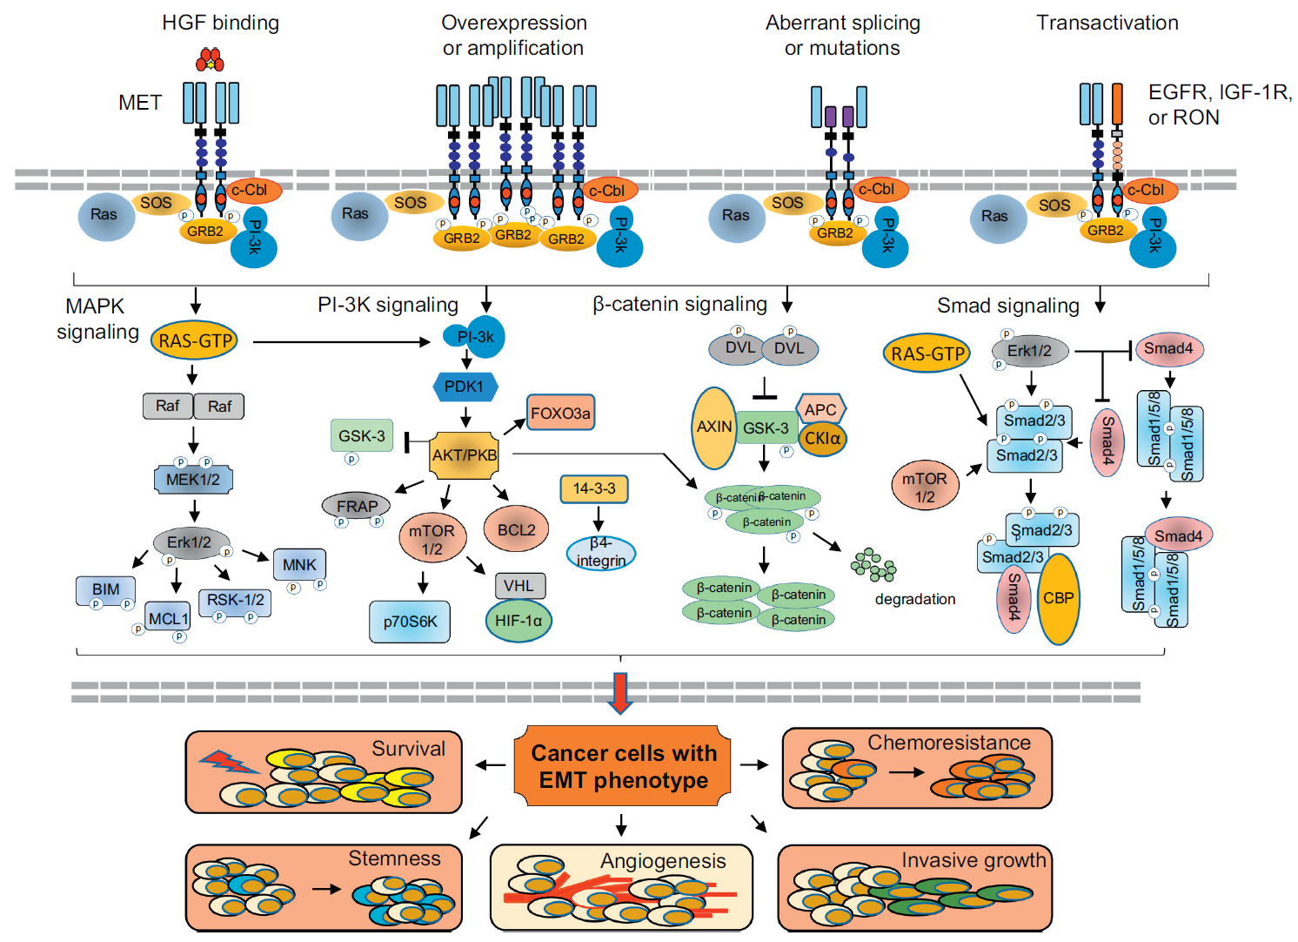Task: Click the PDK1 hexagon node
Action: coord(465,387)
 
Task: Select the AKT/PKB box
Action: coord(465,454)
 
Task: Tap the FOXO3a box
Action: coord(560,413)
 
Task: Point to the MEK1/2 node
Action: coord(193,480)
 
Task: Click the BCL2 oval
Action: coord(516,530)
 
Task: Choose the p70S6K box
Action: coord(410,622)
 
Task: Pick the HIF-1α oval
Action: coord(519,621)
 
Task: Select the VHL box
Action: coord(519,586)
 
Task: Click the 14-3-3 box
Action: coord(594,489)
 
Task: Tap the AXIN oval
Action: coord(714,427)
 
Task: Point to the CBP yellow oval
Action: coord(1059,599)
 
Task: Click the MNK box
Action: coord(299,565)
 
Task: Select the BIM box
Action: coord(105,589)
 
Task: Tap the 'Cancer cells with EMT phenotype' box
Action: coord(624,766)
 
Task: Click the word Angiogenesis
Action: coord(663,861)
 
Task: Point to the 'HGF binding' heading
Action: coord(220,23)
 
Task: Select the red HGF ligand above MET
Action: coord(210,60)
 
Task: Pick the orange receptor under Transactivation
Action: coord(1117,104)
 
